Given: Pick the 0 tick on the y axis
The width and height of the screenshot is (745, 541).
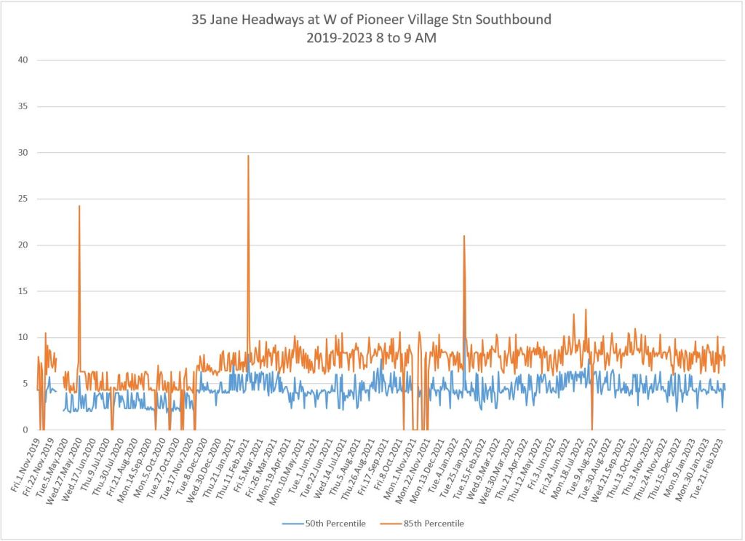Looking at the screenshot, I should point(25,430).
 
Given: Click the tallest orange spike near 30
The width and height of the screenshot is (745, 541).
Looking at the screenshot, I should point(248,157).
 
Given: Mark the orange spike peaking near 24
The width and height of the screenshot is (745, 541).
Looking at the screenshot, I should point(79,208).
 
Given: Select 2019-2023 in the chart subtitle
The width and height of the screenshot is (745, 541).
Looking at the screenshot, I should point(338,38).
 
